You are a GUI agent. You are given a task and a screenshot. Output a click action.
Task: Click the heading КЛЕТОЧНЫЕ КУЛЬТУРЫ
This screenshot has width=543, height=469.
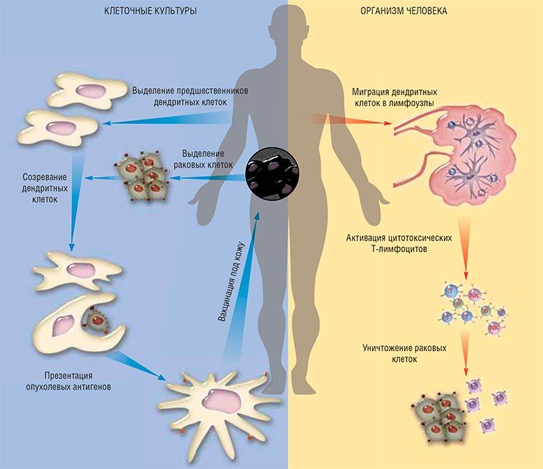tap(150, 11)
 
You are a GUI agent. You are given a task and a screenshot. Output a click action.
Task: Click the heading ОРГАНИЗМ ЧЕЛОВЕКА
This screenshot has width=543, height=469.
tap(404, 11)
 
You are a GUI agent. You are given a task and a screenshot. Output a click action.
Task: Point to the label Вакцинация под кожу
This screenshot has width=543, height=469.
tap(231, 282)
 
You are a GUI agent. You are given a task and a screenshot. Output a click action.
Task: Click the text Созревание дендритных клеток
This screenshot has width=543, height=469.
tap(45, 188)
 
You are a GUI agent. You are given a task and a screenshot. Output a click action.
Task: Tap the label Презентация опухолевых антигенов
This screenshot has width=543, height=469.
tap(68, 381)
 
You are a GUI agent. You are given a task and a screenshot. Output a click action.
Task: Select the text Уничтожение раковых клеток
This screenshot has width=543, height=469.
tap(404, 353)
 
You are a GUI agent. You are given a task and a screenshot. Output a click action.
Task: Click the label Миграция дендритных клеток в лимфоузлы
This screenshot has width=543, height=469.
tap(395, 97)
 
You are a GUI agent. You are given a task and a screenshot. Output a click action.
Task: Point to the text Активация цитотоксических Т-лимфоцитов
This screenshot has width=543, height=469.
tap(399, 243)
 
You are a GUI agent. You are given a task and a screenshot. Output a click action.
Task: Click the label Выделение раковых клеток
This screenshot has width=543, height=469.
tap(203, 159)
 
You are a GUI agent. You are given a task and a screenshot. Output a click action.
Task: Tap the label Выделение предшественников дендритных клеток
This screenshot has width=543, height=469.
tap(190, 97)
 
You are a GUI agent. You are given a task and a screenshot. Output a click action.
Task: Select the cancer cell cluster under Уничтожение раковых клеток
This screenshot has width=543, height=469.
tap(437, 417)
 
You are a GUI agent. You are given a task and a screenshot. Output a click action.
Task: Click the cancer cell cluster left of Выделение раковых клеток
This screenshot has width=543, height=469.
tap(142, 177)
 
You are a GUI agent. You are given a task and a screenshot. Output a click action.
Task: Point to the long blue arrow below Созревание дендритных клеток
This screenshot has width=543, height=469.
tap(75, 202)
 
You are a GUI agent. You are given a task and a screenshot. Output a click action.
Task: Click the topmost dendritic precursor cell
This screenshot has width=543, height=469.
tap(87, 90)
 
